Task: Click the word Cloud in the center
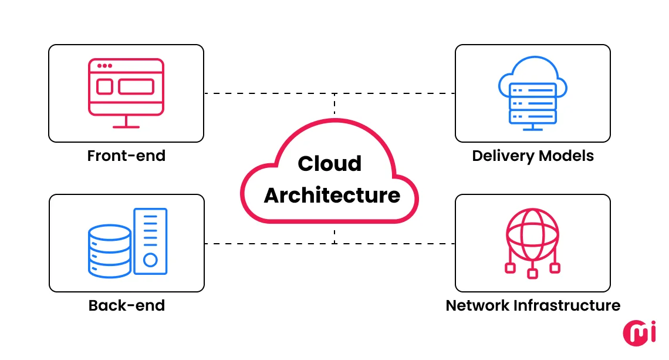(329, 163)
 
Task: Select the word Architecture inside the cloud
(332, 195)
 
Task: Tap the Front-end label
(126, 156)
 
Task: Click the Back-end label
(126, 305)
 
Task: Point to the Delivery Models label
(533, 156)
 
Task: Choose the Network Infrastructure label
(533, 305)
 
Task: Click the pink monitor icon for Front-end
(126, 88)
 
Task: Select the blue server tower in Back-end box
(150, 241)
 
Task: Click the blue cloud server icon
(532, 94)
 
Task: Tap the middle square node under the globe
(532, 273)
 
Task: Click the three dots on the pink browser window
(103, 66)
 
